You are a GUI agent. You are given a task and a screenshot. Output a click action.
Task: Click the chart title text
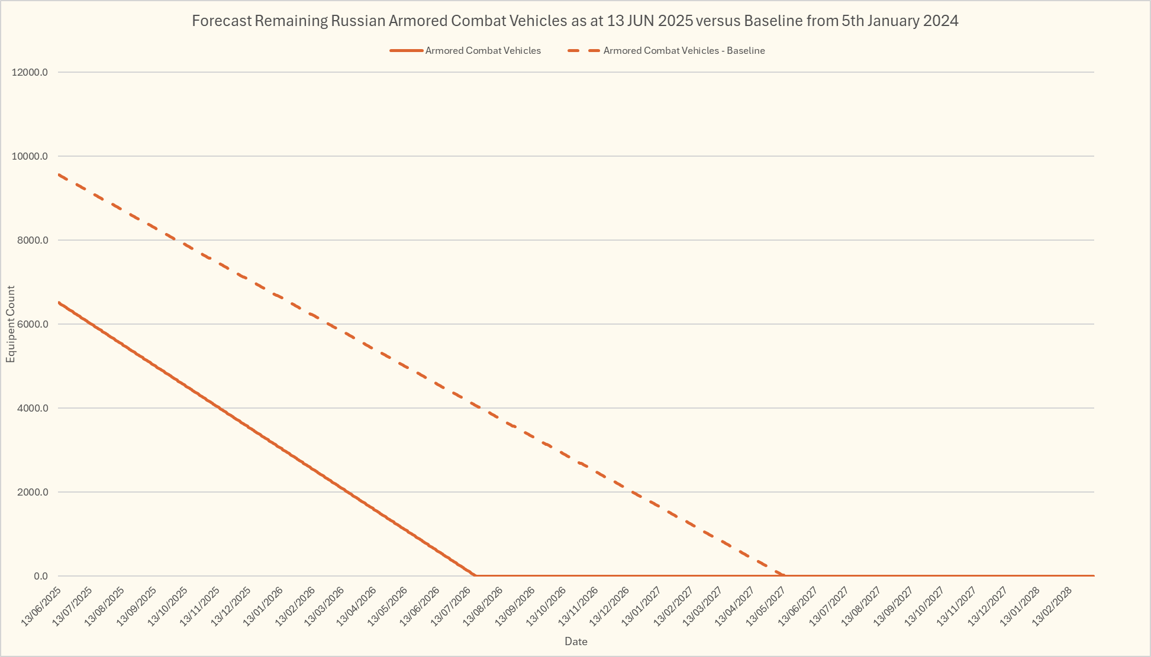click(x=575, y=21)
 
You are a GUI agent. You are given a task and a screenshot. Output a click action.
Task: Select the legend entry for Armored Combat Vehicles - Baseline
click(x=683, y=51)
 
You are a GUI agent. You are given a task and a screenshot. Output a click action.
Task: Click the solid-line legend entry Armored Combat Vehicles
click(x=482, y=51)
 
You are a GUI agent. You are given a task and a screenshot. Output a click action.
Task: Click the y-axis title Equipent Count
click(x=11, y=324)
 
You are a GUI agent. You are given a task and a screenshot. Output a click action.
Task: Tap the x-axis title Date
click(x=575, y=642)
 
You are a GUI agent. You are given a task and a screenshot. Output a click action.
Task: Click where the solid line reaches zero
click(x=475, y=575)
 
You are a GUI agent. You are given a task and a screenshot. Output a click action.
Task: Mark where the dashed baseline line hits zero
click(x=785, y=575)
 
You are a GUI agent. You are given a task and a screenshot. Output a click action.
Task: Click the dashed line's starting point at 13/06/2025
click(x=59, y=174)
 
